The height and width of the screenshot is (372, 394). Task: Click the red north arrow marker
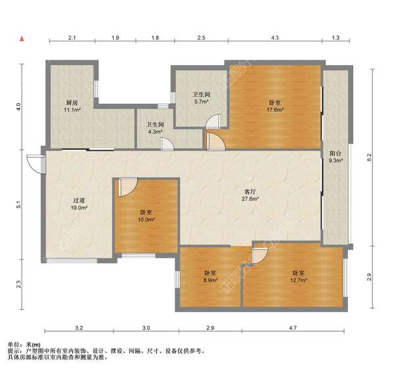(22, 39)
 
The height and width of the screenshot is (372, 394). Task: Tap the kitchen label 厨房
(72, 103)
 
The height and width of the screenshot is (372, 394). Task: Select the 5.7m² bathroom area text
(201, 102)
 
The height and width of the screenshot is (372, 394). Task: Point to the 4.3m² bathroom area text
(155, 131)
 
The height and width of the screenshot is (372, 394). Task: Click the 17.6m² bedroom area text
(275, 110)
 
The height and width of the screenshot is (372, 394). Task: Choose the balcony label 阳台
(336, 153)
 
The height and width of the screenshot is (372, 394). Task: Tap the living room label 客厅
(250, 192)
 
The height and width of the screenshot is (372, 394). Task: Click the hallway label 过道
(79, 200)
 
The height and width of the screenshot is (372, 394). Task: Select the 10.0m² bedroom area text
(146, 220)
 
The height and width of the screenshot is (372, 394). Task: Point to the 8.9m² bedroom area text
(210, 280)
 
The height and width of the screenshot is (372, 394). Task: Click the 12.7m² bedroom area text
(299, 280)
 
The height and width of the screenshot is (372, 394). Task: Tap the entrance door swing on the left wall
(35, 164)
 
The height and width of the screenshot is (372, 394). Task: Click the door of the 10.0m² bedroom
(127, 187)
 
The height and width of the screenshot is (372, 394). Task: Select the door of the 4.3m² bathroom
(167, 144)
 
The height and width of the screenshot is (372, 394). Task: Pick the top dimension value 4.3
(275, 37)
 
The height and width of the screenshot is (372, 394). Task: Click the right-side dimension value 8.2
(369, 158)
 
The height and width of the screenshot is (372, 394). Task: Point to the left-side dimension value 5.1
(18, 204)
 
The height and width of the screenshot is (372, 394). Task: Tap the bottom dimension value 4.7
(293, 328)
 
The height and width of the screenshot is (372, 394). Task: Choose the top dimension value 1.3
(336, 37)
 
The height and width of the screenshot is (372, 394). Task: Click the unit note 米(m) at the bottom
(33, 344)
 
